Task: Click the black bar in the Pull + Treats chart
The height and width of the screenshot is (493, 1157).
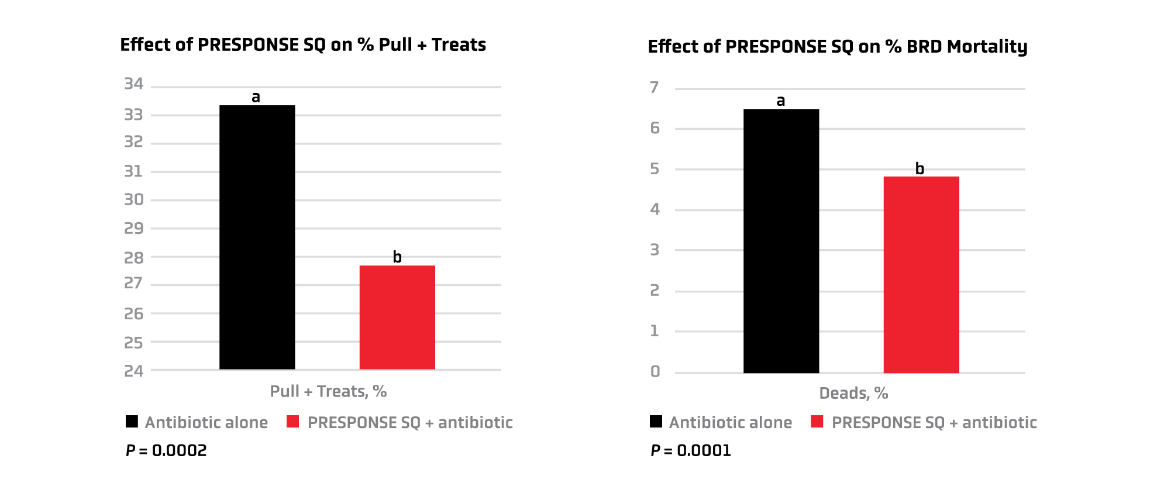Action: [257, 237]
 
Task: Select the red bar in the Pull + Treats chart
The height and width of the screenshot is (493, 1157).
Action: [397, 317]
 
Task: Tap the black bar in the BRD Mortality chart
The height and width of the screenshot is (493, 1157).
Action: [781, 241]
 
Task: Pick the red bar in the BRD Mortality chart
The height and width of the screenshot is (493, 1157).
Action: [921, 275]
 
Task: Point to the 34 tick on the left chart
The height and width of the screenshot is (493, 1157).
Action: [133, 84]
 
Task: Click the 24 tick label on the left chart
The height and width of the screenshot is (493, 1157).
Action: [133, 371]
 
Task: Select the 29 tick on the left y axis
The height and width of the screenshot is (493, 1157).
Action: [133, 228]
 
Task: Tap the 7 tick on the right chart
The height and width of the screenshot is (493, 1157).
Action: [655, 88]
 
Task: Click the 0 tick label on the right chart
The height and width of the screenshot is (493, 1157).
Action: [655, 371]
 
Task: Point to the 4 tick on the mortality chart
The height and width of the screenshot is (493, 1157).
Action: [655, 209]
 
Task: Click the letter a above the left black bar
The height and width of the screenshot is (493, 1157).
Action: [256, 97]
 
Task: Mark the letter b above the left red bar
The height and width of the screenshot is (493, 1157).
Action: [397, 257]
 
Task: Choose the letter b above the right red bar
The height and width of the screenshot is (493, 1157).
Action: [920, 168]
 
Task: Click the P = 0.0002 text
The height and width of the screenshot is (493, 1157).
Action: [166, 450]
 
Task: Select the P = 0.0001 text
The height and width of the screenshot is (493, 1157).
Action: [691, 450]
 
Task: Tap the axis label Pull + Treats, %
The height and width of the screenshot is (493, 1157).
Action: [328, 391]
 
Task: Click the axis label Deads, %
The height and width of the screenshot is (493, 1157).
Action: [853, 393]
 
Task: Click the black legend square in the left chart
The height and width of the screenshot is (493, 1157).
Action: [132, 422]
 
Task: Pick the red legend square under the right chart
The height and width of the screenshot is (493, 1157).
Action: [817, 422]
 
